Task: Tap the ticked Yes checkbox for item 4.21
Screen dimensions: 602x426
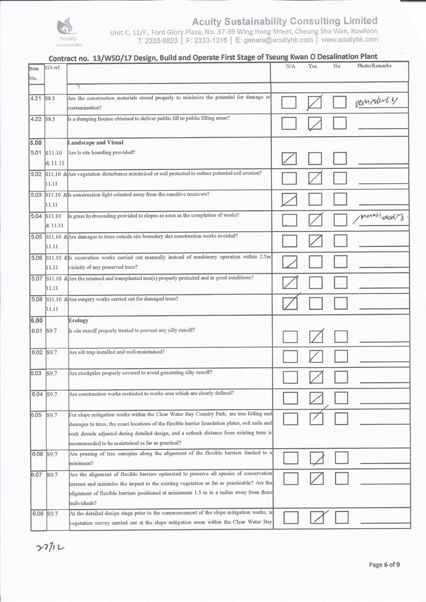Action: [316, 102]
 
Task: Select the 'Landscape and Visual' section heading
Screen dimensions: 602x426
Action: [96, 143]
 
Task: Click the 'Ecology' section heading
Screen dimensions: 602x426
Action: [78, 320]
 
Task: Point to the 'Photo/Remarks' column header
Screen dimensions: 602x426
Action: [374, 66]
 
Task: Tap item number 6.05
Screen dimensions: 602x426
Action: [36, 414]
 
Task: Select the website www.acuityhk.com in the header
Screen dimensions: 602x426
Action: [349, 40]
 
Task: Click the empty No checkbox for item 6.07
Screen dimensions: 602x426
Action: [341, 478]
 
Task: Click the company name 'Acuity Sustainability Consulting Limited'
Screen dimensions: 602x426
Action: [284, 21]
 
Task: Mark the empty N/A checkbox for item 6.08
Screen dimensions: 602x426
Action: [290, 517]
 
